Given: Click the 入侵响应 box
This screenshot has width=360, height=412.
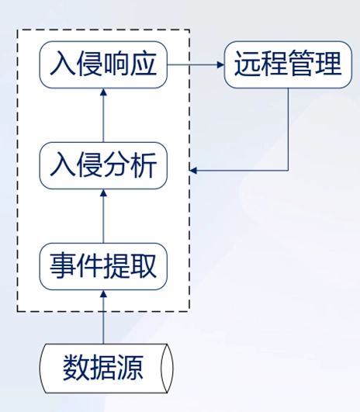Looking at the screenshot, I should coord(103,64).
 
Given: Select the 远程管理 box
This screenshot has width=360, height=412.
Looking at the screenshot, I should coord(287,64).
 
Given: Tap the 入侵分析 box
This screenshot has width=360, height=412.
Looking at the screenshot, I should coord(103,165).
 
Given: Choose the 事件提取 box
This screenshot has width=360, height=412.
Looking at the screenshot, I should coord(103,266).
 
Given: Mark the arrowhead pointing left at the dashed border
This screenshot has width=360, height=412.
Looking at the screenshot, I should coord(194,169).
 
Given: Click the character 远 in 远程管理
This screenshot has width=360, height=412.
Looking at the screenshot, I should coord(247,64).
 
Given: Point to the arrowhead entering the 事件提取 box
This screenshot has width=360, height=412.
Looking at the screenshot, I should coord(103,293).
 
